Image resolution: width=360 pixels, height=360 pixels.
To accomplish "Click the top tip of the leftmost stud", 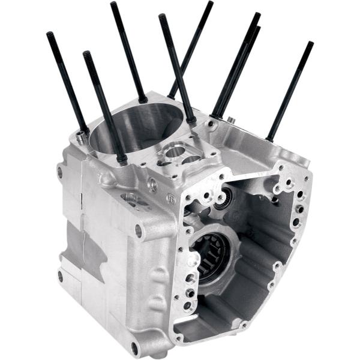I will click(x=49, y=35).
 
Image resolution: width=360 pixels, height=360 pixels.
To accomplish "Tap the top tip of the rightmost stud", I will click(x=310, y=44).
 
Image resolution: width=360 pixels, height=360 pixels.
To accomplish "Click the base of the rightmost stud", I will click(x=269, y=137).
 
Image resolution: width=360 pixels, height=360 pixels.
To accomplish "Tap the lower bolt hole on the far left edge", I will click(x=60, y=276).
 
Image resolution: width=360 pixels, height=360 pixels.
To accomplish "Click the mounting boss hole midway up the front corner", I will click(x=139, y=230).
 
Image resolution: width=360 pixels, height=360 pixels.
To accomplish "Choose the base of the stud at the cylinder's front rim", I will click(x=121, y=159).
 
